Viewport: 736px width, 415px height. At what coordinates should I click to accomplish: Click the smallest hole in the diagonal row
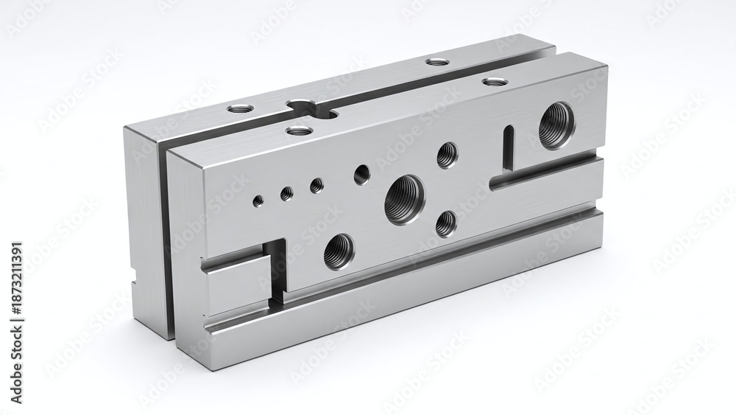pos(258,200)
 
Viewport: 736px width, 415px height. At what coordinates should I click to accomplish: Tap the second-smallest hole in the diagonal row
pos(286,193)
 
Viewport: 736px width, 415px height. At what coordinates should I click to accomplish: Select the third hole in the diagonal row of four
pos(316,185)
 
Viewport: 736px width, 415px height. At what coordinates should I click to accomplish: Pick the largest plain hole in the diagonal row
pos(361,175)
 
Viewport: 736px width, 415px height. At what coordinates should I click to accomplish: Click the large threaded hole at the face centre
pos(404,198)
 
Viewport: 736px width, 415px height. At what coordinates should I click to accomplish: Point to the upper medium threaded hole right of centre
pos(447,155)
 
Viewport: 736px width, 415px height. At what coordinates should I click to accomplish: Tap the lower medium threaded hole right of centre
pos(446,223)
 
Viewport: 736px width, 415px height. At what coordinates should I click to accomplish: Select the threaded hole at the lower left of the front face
pos(339,251)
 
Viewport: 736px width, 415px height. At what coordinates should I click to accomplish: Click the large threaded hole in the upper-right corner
pos(556,125)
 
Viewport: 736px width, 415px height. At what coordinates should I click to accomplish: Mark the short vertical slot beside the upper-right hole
pos(508,147)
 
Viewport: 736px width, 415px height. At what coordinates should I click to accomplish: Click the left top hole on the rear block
pos(240,108)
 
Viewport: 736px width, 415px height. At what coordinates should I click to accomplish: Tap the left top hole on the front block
pos(299,131)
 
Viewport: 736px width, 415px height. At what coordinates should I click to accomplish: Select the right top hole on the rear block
pos(437,61)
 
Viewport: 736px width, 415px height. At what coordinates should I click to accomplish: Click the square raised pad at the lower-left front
pos(234,285)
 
